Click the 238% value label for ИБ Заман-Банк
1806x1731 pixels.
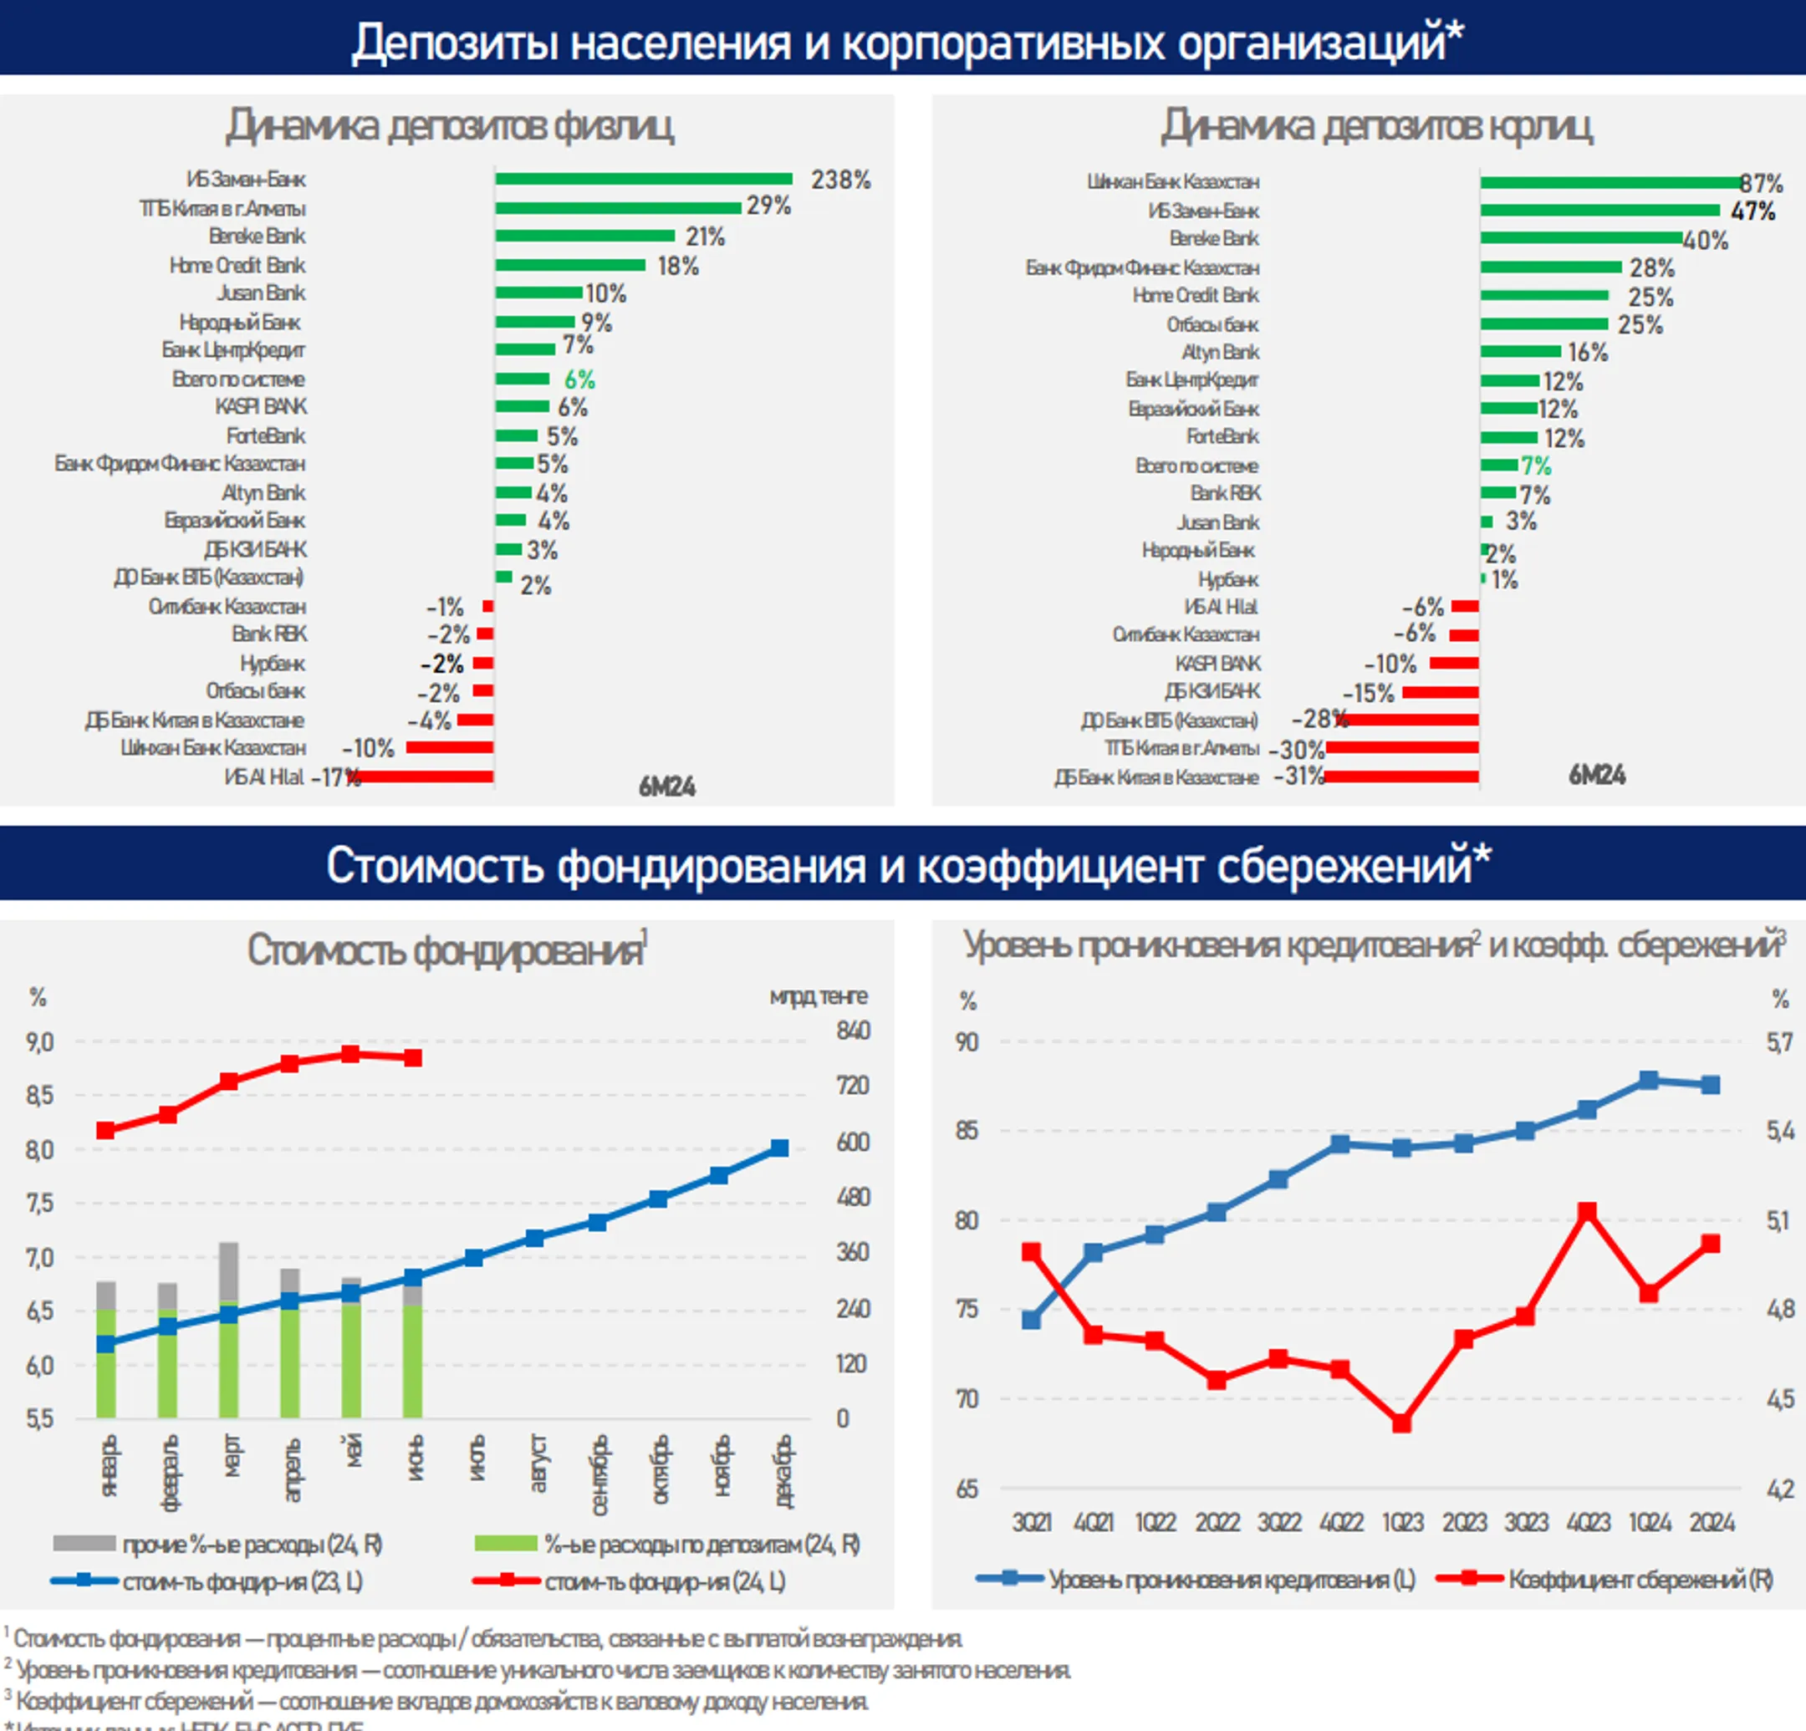coord(839,180)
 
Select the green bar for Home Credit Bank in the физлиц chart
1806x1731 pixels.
coord(569,265)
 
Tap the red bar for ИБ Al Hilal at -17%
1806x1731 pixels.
coord(425,776)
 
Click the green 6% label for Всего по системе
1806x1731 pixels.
coord(579,379)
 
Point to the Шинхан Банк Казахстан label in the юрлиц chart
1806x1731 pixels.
coord(1172,181)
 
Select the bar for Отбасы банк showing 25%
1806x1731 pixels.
coord(1543,324)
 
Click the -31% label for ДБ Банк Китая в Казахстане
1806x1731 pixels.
coord(1298,776)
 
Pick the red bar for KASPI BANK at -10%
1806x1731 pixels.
coord(1453,664)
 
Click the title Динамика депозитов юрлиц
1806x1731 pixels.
coord(1375,126)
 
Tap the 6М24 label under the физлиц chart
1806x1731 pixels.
coord(667,787)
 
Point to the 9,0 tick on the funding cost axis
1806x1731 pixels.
coord(39,1043)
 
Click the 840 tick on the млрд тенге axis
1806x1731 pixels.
coord(852,1031)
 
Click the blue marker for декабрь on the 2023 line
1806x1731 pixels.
coord(779,1148)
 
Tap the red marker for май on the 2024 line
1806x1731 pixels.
coord(351,1054)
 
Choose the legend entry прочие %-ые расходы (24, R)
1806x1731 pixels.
coord(217,1544)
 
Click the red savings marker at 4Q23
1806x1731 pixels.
coord(1587,1211)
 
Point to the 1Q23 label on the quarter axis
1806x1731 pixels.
coord(1401,1523)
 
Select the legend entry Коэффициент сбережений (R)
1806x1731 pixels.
coord(1604,1579)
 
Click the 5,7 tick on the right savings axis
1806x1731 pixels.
coord(1778,1043)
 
